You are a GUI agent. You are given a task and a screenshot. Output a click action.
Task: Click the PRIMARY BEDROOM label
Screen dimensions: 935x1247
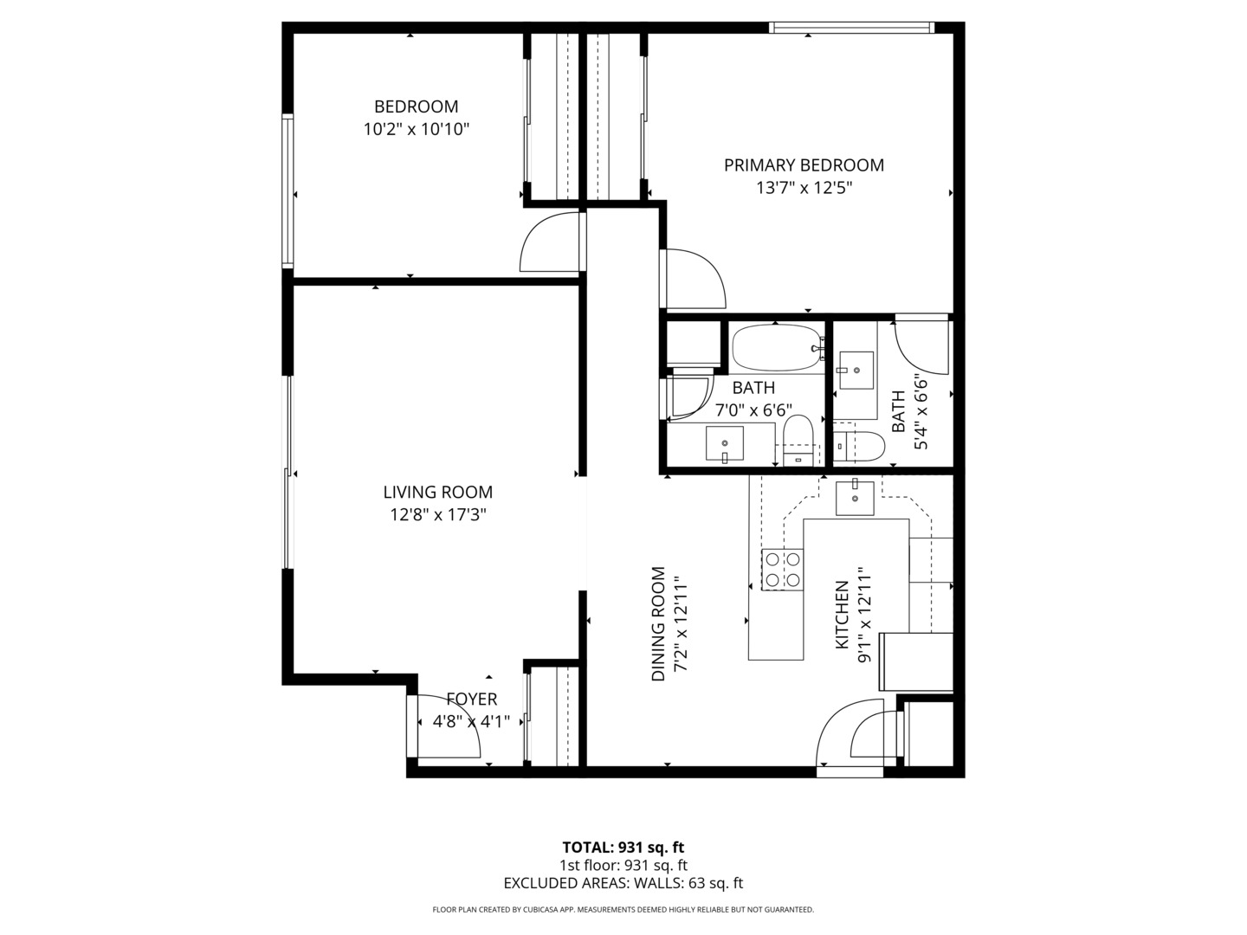pos(804,164)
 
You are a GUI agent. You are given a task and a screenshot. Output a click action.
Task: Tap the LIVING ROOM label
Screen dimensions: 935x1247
pos(437,492)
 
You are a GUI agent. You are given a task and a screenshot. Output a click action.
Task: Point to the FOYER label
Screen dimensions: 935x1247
pos(471,699)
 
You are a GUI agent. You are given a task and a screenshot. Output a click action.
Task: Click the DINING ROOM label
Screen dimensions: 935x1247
pos(659,623)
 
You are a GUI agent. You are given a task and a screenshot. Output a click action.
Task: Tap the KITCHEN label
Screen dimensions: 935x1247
pos(841,616)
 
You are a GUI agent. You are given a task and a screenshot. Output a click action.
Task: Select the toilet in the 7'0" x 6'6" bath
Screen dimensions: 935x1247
pos(798,438)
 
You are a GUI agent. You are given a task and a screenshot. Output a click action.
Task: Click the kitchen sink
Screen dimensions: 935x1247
pos(854,498)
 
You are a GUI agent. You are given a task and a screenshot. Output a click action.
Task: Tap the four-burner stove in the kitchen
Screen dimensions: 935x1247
pos(781,570)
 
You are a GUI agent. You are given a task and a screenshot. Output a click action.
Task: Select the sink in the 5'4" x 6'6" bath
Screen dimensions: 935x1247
pos(856,371)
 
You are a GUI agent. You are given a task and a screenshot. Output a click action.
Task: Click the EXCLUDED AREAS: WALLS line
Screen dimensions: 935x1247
pos(623,883)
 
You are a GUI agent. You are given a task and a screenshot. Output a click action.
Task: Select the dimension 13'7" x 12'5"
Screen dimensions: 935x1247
pos(804,188)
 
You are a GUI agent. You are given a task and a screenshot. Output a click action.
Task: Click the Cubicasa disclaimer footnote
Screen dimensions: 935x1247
pos(623,910)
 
